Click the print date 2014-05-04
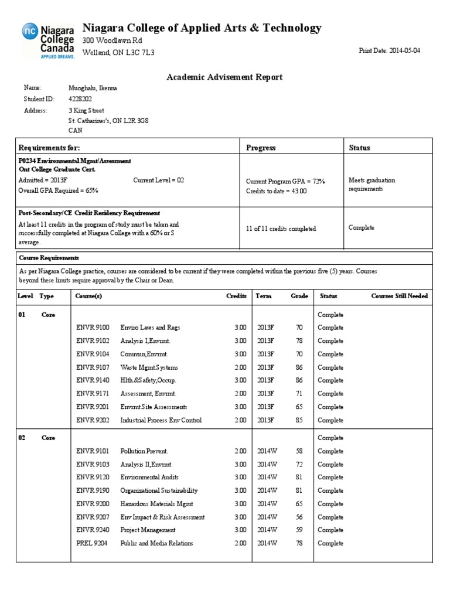pyautogui.click(x=389, y=51)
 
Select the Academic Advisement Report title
pyautogui.click(x=225, y=77)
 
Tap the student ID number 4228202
pyautogui.click(x=80, y=99)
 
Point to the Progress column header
pyautogui.click(x=261, y=148)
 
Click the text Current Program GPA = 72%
pyautogui.click(x=285, y=182)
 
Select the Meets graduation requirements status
pyautogui.click(x=371, y=185)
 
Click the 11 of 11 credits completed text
pyautogui.click(x=281, y=229)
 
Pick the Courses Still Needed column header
pyautogui.click(x=400, y=296)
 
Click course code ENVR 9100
pyautogui.click(x=93, y=328)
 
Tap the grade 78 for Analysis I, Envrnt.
pyautogui.click(x=299, y=341)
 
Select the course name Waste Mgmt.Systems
pyautogui.click(x=149, y=367)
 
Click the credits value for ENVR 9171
pyautogui.click(x=240, y=394)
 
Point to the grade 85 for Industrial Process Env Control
pyautogui.click(x=299, y=420)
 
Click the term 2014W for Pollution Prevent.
pyautogui.click(x=267, y=451)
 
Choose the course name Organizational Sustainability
pyautogui.click(x=159, y=490)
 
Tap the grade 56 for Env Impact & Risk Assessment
pyautogui.click(x=299, y=517)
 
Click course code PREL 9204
pyautogui.click(x=92, y=543)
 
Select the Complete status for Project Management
pyautogui.click(x=330, y=530)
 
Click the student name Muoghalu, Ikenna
pyautogui.click(x=94, y=88)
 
